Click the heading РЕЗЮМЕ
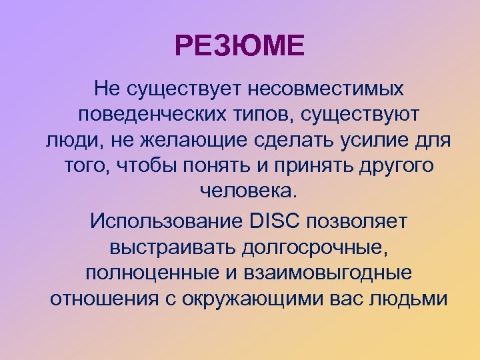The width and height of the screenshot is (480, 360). click(x=239, y=47)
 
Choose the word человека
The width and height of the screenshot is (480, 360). click(x=246, y=193)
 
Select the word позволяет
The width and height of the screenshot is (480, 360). click(x=362, y=220)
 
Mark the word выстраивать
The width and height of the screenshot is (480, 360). click(x=170, y=247)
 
